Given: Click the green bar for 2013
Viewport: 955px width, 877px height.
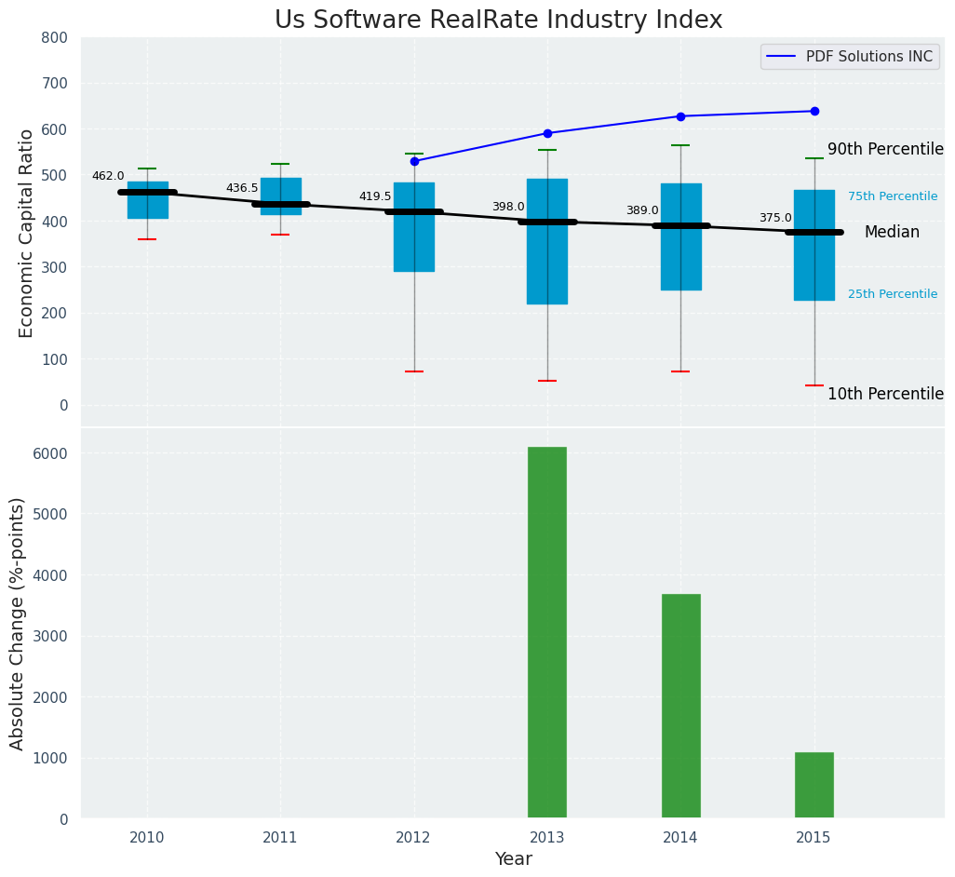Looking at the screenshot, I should pyautogui.click(x=547, y=632).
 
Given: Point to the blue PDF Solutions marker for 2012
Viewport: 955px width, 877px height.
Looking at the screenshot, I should pyautogui.click(x=414, y=161).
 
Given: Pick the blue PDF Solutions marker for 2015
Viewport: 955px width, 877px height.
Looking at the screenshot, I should pyautogui.click(x=814, y=111).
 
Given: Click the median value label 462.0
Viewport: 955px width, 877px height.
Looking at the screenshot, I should pyautogui.click(x=108, y=176).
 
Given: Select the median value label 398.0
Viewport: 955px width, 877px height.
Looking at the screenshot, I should pyautogui.click(x=508, y=207).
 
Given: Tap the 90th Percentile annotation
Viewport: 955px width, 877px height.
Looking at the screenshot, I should pyautogui.click(x=885, y=149).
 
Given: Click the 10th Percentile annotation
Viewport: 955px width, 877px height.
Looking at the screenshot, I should pyautogui.click(x=885, y=394).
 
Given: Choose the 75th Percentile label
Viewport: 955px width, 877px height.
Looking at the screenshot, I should pyautogui.click(x=893, y=196).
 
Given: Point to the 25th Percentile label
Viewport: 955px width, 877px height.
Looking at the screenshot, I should pyautogui.click(x=893, y=294).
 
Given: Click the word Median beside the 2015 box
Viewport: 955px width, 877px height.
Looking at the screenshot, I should pyautogui.click(x=892, y=233).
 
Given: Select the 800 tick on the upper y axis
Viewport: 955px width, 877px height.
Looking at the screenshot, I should pyautogui.click(x=55, y=37).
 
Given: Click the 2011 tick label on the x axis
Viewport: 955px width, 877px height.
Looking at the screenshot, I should pyautogui.click(x=280, y=837).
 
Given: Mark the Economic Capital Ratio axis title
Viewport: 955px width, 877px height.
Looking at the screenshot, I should pyautogui.click(x=26, y=233).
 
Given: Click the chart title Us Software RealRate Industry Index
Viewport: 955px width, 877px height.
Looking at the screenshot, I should pyautogui.click(x=498, y=20).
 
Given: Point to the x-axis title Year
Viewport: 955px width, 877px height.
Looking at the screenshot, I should pyautogui.click(x=513, y=859).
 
